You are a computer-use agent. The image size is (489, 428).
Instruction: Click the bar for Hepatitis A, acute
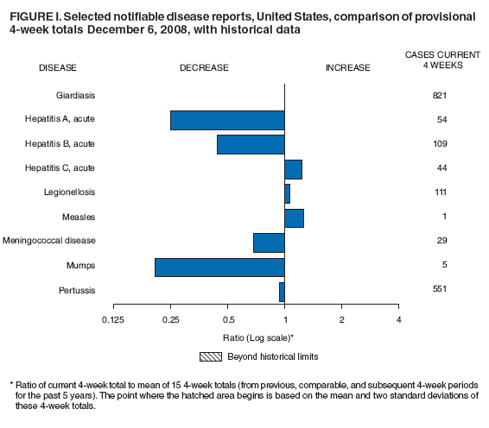coord(227,120)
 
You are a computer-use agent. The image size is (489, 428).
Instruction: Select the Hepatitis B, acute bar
coord(251,144)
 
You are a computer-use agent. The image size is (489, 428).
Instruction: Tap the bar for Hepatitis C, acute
coord(293,168)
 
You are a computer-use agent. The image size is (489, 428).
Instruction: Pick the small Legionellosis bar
coord(288,192)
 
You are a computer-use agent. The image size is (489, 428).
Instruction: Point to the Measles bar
coord(294,217)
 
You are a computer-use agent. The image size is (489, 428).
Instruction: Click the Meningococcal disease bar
coord(269,242)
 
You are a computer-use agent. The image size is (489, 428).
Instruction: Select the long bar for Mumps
coord(219,266)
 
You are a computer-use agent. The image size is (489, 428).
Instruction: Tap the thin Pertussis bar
coord(282,291)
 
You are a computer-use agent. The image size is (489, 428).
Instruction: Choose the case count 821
coord(440,94)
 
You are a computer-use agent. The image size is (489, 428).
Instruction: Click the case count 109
coord(440,143)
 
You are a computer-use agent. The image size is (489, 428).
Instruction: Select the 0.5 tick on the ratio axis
coord(227,321)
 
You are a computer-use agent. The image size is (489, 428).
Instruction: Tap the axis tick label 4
coord(398,321)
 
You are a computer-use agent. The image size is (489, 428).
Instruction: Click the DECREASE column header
coord(204,67)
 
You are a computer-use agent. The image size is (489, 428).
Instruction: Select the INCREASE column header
coord(347,67)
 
